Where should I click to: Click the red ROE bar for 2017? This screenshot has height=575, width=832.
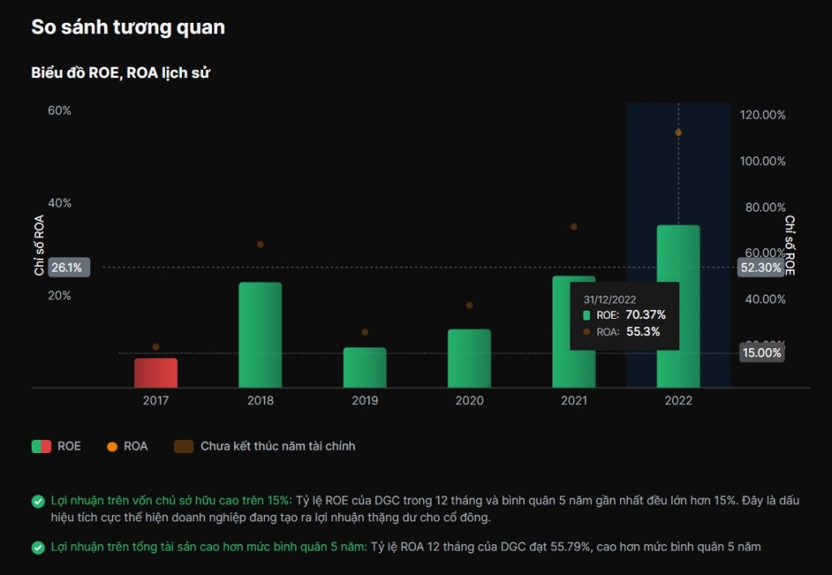point(156,372)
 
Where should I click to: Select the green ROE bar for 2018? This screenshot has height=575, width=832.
point(260,334)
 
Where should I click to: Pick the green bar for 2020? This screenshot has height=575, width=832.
point(469,358)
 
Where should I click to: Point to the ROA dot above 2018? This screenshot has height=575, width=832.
point(260,244)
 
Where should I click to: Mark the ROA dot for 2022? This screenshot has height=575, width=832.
point(678,133)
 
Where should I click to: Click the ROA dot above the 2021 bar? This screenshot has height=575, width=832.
point(574,227)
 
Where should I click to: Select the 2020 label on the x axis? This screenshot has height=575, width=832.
point(469,400)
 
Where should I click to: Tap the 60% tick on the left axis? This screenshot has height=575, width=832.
point(59,111)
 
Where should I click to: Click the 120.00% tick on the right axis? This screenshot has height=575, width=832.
point(763,115)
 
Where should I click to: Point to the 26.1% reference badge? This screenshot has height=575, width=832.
point(66,268)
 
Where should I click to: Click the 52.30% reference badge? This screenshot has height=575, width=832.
point(760,268)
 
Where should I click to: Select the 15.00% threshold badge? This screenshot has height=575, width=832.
point(761,353)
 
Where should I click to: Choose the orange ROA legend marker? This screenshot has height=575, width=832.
point(112,446)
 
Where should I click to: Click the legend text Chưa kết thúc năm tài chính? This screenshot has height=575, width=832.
point(277,446)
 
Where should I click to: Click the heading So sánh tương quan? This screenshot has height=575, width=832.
point(128,27)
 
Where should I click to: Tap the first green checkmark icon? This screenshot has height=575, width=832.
point(38,501)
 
